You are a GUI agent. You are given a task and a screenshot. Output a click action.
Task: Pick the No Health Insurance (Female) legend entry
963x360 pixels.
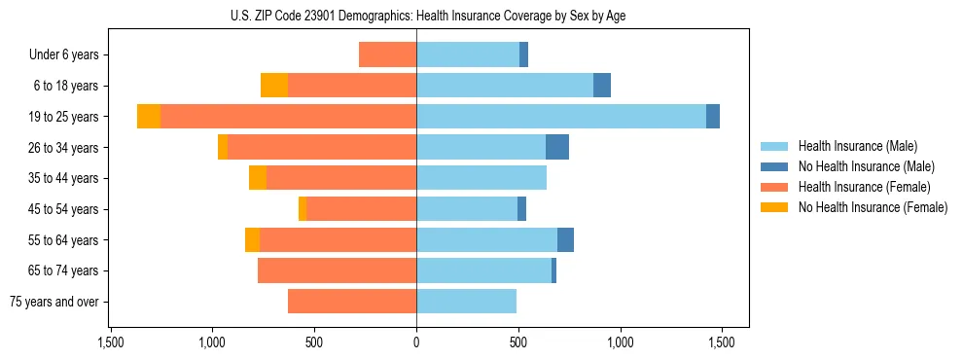tap(873, 207)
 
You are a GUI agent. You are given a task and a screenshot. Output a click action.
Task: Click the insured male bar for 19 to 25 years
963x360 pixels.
tap(560, 117)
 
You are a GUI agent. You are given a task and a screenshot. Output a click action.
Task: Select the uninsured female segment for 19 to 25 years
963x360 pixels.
tap(149, 117)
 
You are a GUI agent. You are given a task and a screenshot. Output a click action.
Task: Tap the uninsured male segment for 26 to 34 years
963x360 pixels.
tap(557, 148)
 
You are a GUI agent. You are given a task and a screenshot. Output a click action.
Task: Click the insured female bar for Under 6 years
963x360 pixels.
tap(387, 55)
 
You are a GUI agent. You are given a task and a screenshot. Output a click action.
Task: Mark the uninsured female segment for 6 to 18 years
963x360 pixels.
tap(274, 86)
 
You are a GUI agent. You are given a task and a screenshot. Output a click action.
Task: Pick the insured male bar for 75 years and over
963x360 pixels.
tap(466, 302)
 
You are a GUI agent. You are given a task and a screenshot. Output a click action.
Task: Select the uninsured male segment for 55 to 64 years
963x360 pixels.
tap(565, 240)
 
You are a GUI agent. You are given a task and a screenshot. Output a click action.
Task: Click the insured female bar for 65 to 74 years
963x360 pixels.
tap(337, 270)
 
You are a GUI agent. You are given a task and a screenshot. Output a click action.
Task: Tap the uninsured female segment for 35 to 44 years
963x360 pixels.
tap(258, 178)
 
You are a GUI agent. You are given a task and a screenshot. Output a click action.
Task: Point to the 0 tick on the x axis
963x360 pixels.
tap(416, 342)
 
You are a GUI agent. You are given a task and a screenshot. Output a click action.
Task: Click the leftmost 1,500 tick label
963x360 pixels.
tap(110, 342)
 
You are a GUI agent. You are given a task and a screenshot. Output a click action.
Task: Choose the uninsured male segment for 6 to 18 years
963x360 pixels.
tap(602, 86)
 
